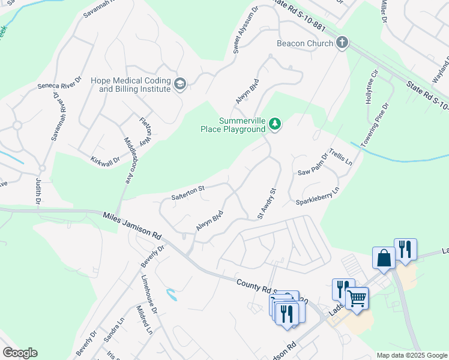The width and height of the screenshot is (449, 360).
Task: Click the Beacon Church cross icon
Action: click(x=342, y=43)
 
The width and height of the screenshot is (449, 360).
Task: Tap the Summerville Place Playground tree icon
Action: click(x=275, y=124)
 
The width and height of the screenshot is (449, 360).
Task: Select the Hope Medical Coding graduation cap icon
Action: click(x=180, y=84)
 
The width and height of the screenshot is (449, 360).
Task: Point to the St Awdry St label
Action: click(x=266, y=204)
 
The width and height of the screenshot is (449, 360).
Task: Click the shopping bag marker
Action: click(x=383, y=257)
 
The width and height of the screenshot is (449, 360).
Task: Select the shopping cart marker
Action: click(x=357, y=298)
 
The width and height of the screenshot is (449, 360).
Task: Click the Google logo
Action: click(x=20, y=353)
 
